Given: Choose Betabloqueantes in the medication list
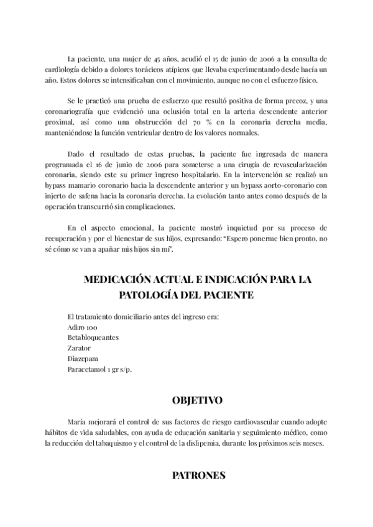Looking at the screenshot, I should coord(93,337).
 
